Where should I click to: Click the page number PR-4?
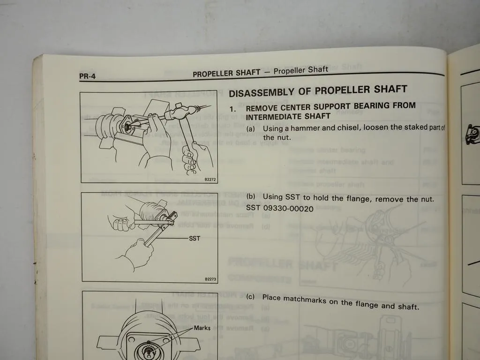click(x=87, y=75)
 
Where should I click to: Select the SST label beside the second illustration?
click(x=195, y=238)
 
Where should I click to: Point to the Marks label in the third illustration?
click(x=202, y=328)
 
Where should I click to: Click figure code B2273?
click(x=210, y=279)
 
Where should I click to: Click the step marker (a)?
click(x=251, y=128)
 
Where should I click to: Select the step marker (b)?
click(x=251, y=196)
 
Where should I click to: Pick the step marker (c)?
click(x=250, y=296)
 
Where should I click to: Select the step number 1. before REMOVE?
click(x=232, y=109)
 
